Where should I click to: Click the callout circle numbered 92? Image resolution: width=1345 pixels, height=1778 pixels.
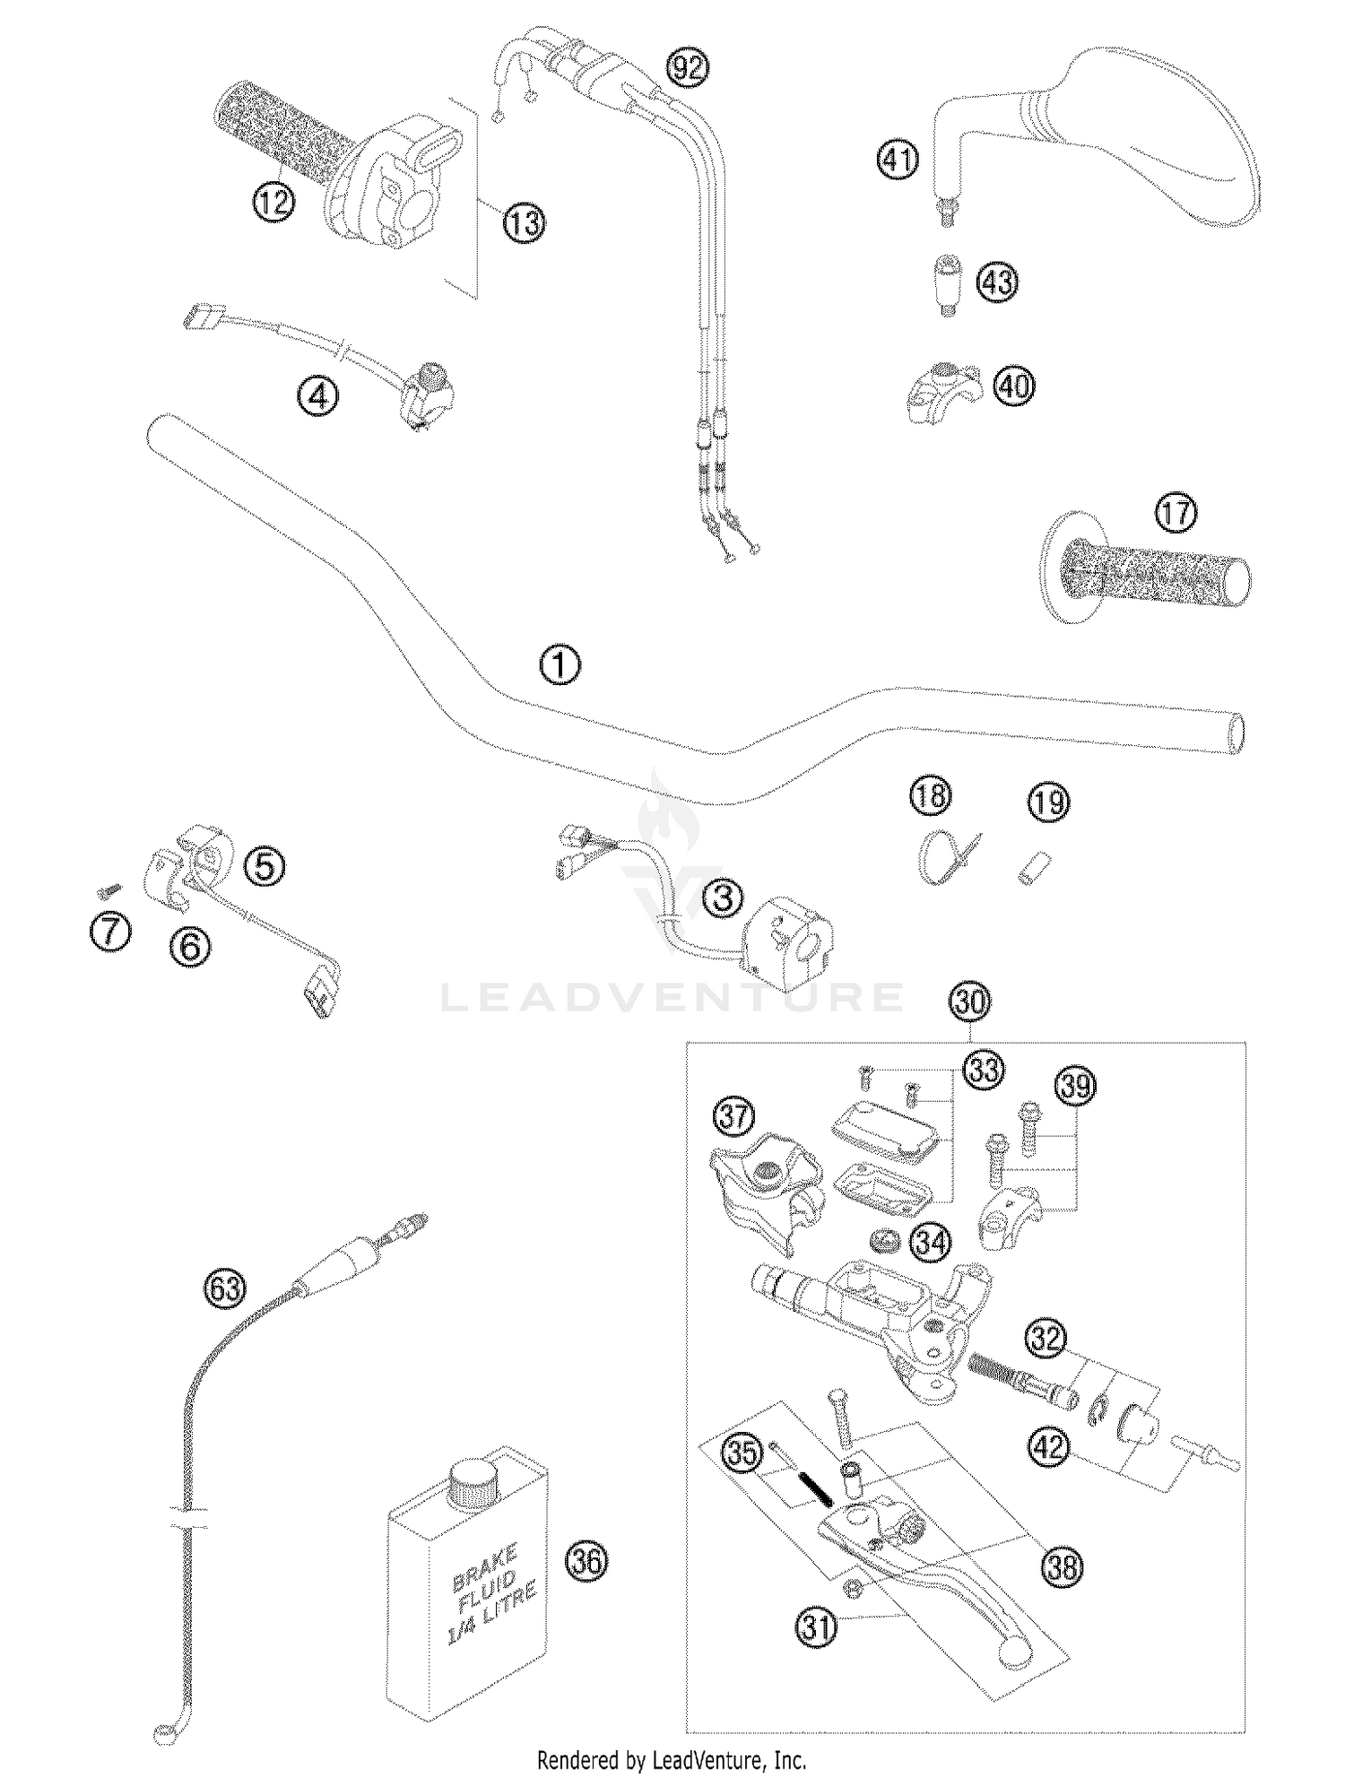pyautogui.click(x=689, y=68)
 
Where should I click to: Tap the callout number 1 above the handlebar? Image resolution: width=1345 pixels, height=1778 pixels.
pyautogui.click(x=560, y=665)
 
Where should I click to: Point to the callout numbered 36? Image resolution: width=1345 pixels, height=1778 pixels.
pyautogui.click(x=586, y=1562)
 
